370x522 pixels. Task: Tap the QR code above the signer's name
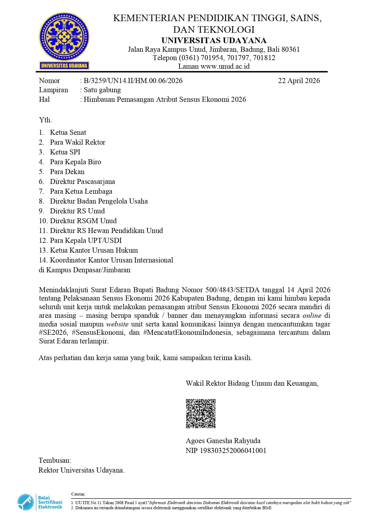(x=201, y=414)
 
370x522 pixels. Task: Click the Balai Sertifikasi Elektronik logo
(x=40, y=502)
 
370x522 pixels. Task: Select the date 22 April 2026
(x=299, y=81)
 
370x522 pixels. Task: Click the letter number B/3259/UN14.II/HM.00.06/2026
(x=133, y=81)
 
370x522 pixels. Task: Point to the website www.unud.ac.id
(x=225, y=66)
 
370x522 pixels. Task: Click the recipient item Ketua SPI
(x=65, y=152)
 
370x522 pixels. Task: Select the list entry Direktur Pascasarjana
(x=82, y=182)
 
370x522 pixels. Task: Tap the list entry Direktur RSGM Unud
(x=83, y=221)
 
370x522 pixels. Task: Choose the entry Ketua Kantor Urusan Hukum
(x=94, y=250)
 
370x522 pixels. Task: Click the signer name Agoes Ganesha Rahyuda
(x=223, y=441)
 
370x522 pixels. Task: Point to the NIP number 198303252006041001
(x=233, y=451)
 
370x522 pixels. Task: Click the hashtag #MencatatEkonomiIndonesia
(x=187, y=332)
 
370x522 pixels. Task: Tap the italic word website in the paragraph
(x=117, y=324)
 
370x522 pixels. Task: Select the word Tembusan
(x=55, y=460)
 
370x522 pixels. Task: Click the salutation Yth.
(x=45, y=120)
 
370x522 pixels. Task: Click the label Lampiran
(x=53, y=90)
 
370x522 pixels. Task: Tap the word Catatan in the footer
(x=78, y=494)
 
